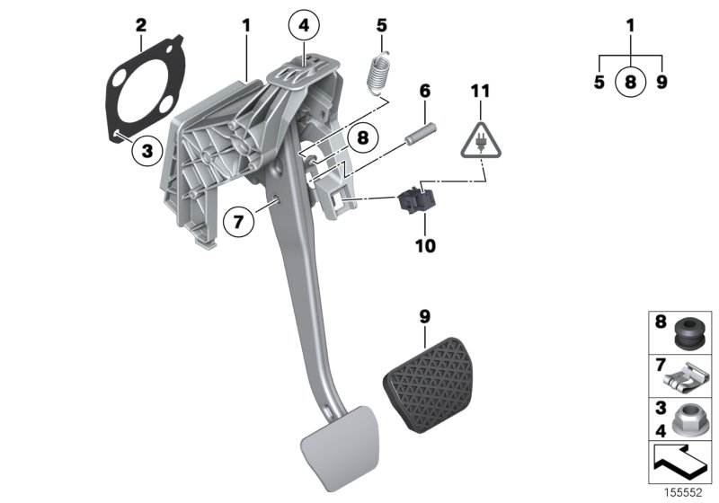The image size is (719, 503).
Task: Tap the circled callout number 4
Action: click(305, 26)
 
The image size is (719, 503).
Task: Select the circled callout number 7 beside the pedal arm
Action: click(238, 221)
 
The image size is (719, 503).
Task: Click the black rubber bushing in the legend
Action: click(688, 332)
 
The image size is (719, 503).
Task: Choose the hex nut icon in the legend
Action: click(688, 418)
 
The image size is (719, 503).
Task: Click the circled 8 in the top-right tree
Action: click(631, 83)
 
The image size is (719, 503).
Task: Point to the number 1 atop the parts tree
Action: click(631, 26)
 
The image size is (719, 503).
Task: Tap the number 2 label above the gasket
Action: click(140, 24)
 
